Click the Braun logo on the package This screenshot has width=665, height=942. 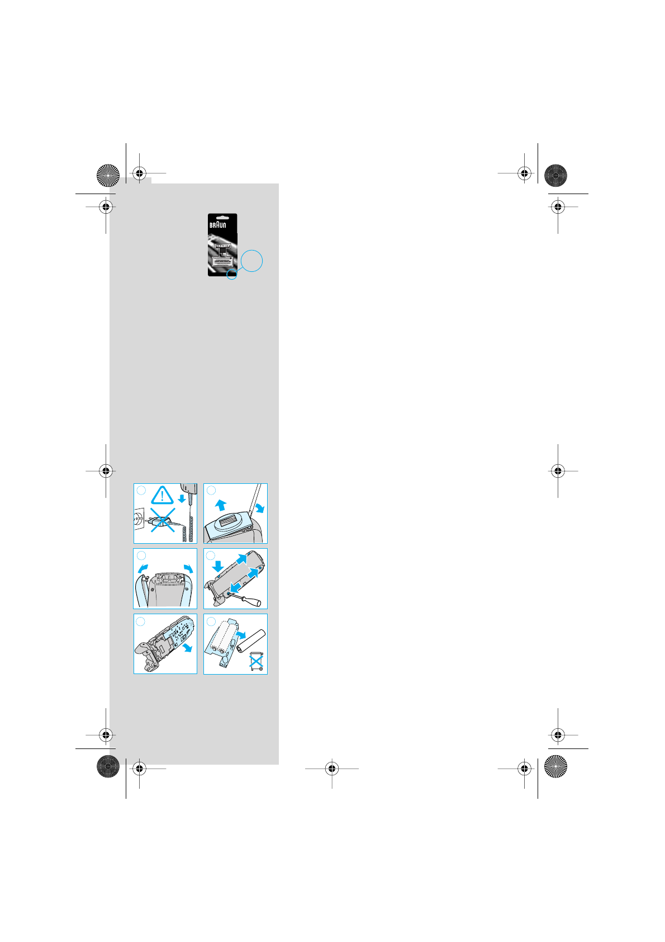pyautogui.click(x=218, y=225)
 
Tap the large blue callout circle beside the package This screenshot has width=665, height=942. pyautogui.click(x=251, y=261)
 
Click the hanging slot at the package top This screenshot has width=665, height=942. pyautogui.click(x=222, y=216)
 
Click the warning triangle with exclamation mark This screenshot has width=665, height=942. pyautogui.click(x=162, y=496)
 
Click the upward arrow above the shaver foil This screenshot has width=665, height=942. pyautogui.click(x=221, y=505)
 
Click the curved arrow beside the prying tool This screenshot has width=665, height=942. pyautogui.click(x=259, y=507)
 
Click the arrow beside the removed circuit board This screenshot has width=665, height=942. pyautogui.click(x=188, y=647)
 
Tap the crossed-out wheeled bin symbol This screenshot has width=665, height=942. pyautogui.click(x=256, y=661)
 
